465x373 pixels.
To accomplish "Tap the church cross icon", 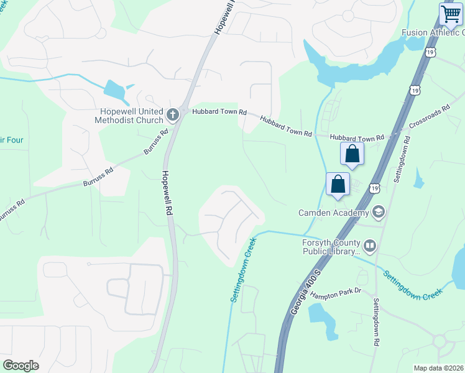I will (173, 115).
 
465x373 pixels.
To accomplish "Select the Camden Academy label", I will (333, 213).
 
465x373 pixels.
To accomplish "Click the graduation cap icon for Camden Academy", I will (378, 213).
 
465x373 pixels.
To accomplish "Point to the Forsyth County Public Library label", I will (331, 247).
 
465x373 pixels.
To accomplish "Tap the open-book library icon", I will (370, 246).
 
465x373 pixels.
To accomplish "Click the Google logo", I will (21, 366).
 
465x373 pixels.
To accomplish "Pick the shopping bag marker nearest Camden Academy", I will (338, 185).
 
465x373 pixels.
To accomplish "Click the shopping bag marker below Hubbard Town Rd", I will (352, 154).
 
